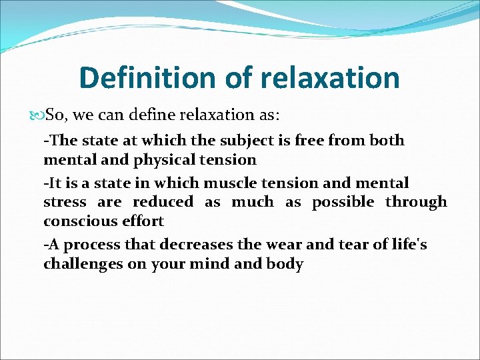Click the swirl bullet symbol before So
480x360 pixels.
[x=37, y=116]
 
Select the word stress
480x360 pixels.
[x=65, y=202]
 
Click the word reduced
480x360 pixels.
[x=163, y=202]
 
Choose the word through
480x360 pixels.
[x=416, y=203]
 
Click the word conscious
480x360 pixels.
[x=79, y=221]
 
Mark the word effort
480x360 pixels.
[x=142, y=221]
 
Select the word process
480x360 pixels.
[x=88, y=245]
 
